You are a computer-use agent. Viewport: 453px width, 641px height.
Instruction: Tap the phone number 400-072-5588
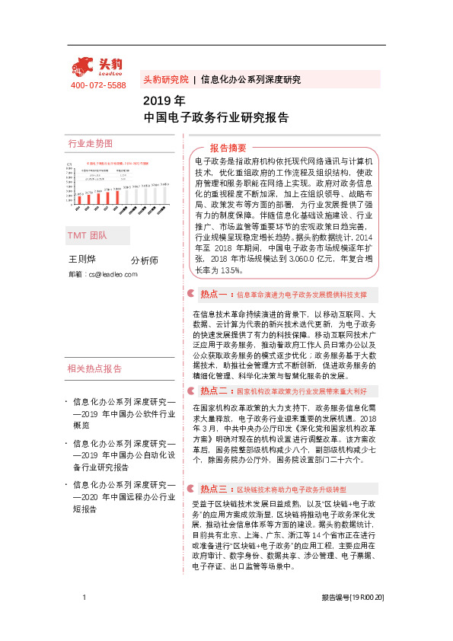pyautogui.click(x=98, y=85)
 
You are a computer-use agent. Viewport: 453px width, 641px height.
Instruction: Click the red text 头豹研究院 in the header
pyautogui.click(x=165, y=79)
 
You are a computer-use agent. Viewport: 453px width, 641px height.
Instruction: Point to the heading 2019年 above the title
pyautogui.click(x=164, y=100)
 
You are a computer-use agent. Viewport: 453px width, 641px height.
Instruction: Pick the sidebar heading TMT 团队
pyautogui.click(x=88, y=236)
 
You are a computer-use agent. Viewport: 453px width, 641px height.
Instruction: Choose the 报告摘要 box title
pyautogui.click(x=228, y=148)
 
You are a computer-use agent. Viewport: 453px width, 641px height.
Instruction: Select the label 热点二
pyautogui.click(x=214, y=391)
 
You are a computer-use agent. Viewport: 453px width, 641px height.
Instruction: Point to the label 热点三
pyautogui.click(x=214, y=489)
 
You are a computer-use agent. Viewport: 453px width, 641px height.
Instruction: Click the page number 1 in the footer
pyautogui.click(x=83, y=620)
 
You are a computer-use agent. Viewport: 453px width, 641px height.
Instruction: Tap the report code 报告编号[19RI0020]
pyautogui.click(x=353, y=620)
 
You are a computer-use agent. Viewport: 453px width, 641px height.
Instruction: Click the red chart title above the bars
pyautogui.click(x=117, y=163)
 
